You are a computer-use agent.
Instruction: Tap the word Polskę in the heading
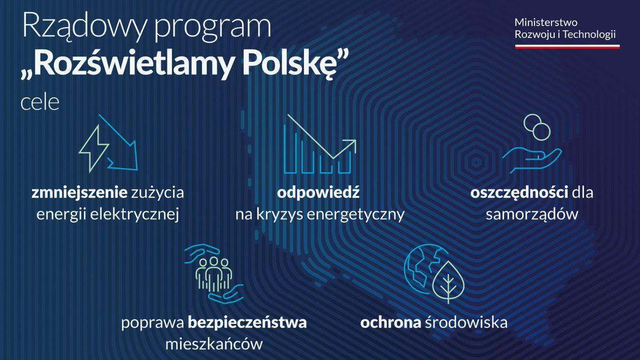[x=297, y=65]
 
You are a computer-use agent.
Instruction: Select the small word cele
[x=40, y=102]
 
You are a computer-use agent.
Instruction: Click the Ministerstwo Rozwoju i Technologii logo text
[x=565, y=29]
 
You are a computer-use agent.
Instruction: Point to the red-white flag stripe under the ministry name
[x=567, y=46]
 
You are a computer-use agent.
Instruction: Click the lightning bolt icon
[x=93, y=149]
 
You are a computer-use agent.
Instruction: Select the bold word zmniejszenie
[x=79, y=193]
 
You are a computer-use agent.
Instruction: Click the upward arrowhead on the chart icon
[x=351, y=145]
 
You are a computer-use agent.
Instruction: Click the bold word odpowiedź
[x=318, y=193]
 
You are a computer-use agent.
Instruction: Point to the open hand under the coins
[x=532, y=160]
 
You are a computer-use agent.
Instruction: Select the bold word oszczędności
[x=519, y=193]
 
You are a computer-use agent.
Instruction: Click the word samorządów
[x=532, y=214]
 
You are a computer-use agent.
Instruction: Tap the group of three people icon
[x=214, y=274]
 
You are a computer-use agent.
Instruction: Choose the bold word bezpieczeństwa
[x=247, y=323]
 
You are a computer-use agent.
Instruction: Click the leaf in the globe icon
[x=449, y=282]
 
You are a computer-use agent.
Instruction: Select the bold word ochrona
[x=390, y=323]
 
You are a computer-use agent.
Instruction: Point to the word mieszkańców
[x=214, y=344]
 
